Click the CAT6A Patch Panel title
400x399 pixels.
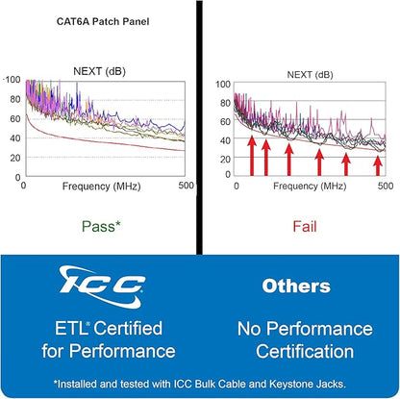click(103, 21)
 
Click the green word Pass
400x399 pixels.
click(98, 227)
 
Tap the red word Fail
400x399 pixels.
click(305, 227)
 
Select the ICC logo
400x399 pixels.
click(102, 287)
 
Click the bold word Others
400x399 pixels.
click(296, 286)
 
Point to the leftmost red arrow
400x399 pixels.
click(252, 156)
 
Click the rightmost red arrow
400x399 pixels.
click(378, 165)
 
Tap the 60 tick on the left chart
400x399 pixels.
click(15, 118)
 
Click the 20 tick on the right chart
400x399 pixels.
click(225, 159)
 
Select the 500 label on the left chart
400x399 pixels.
click(186, 186)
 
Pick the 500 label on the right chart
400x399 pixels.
click(386, 186)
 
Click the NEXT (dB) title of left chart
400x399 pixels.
click(99, 71)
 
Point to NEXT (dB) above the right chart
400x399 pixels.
click(310, 75)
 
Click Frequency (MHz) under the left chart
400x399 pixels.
click(101, 187)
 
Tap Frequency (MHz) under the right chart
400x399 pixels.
click(310, 187)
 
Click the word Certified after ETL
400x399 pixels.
click(128, 328)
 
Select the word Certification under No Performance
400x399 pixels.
click(305, 351)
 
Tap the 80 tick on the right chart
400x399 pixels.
click(225, 103)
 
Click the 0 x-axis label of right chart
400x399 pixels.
click(237, 186)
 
